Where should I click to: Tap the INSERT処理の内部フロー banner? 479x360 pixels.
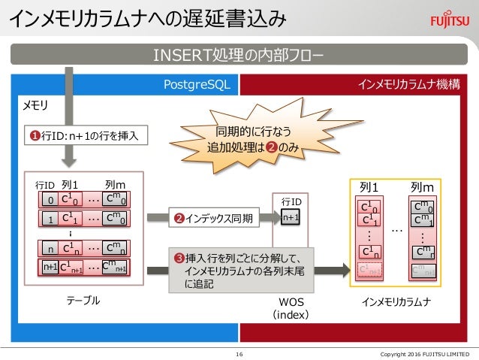click(x=239, y=56)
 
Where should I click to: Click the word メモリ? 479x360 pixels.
click(x=38, y=104)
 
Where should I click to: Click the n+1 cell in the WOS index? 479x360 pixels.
click(x=291, y=218)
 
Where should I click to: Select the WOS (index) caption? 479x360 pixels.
click(x=291, y=307)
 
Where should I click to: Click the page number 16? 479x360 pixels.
click(x=239, y=353)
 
